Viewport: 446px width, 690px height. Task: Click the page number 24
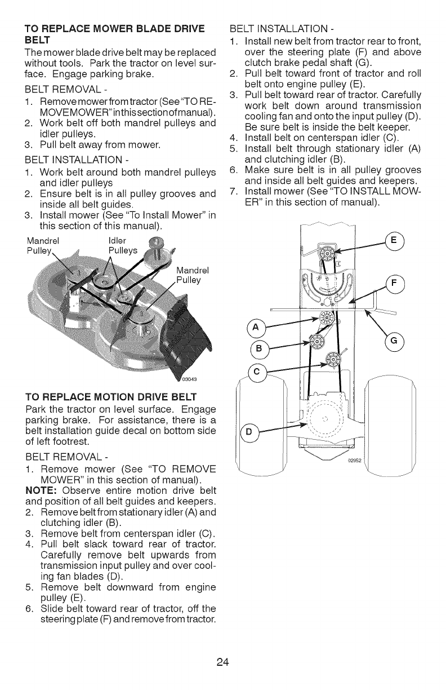pos(222,662)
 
